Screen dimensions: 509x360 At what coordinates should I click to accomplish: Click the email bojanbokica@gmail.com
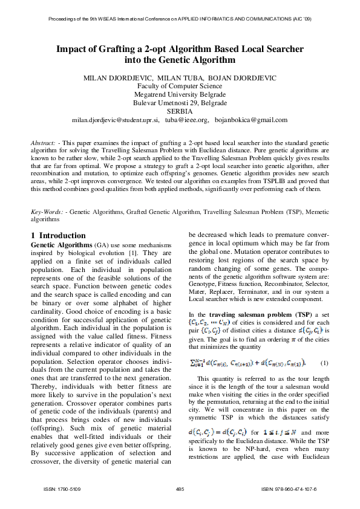(254, 120)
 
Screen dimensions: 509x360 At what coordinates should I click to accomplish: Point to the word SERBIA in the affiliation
(180, 111)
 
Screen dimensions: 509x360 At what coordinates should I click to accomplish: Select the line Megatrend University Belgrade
(180, 94)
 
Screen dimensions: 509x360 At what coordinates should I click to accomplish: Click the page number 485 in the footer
(179, 488)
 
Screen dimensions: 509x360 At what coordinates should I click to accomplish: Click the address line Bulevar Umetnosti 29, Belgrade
(180, 103)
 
